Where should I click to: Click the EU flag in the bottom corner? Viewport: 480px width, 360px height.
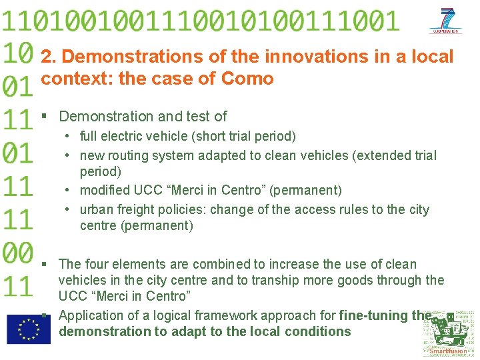point(28,329)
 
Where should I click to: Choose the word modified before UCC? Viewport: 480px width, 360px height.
point(105,191)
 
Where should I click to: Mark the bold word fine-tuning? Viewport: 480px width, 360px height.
point(373,315)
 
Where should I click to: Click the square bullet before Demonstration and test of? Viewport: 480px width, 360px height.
point(44,117)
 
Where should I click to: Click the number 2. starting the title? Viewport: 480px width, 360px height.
point(49,57)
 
